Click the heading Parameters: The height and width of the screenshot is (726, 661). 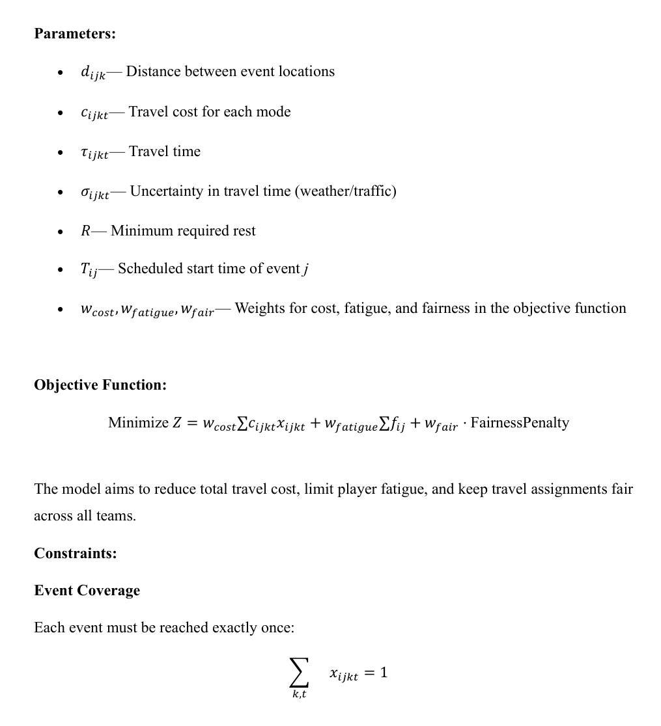[75, 33]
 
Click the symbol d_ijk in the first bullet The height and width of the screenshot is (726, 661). [92, 73]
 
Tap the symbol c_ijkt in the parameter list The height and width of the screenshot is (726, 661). [94, 113]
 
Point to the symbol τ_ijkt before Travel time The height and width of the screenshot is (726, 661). [94, 153]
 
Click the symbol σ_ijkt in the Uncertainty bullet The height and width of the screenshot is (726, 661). [94, 193]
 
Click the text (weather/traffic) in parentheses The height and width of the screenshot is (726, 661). [346, 191]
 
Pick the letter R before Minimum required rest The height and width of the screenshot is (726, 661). [85, 231]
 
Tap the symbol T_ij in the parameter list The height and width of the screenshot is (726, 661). [89, 270]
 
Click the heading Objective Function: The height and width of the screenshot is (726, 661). [100, 385]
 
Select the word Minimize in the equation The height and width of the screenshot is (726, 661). [138, 423]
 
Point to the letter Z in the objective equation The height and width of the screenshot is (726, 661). [176, 423]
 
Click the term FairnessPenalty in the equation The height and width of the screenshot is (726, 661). [520, 423]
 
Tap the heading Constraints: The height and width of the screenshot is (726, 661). [76, 554]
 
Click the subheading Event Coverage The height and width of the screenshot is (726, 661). [87, 591]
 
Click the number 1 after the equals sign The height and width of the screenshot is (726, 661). [384, 673]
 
